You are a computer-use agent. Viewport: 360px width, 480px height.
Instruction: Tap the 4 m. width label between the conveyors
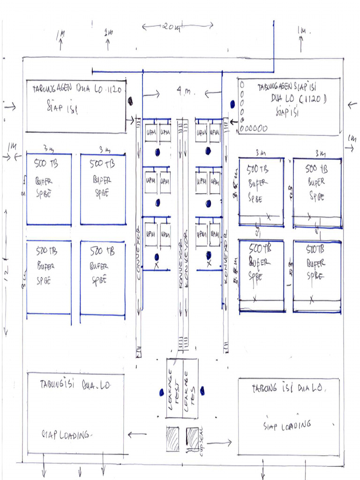point(183,92)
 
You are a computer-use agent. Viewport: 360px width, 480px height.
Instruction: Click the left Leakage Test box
point(174,389)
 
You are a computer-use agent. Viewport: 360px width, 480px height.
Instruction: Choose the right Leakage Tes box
point(190,389)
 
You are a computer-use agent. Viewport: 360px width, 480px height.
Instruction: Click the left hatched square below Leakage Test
point(172,439)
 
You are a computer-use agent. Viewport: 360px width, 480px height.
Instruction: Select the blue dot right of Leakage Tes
point(202,390)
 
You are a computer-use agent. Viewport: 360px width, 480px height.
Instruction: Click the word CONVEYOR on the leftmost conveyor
point(139,254)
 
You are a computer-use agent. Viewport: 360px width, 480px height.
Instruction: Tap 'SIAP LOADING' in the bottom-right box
point(287,425)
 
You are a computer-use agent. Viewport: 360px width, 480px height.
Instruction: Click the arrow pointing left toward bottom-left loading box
point(137,435)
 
